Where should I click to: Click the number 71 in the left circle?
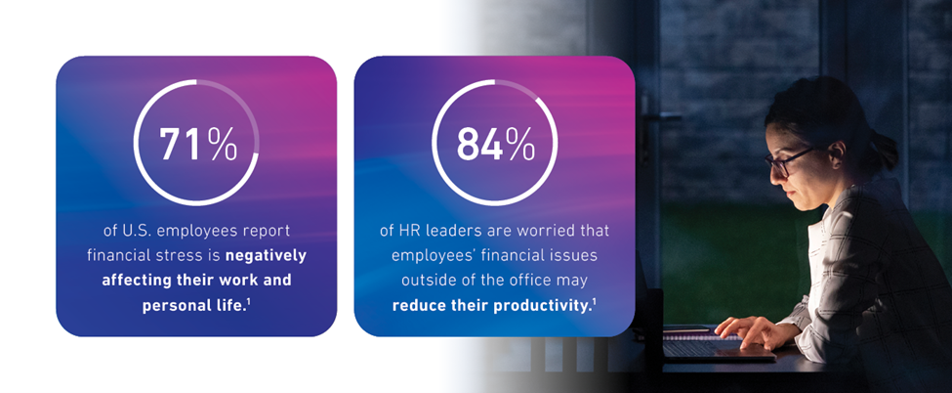pos(181,144)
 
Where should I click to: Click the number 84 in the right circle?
pos(479,144)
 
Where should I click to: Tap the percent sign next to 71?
pos(223,144)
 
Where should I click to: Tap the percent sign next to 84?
pos(521,144)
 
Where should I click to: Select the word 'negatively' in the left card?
pos(266,256)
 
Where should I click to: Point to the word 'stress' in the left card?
pos(183,256)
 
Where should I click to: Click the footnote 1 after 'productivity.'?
pos(594,300)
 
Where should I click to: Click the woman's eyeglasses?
pos(784,161)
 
